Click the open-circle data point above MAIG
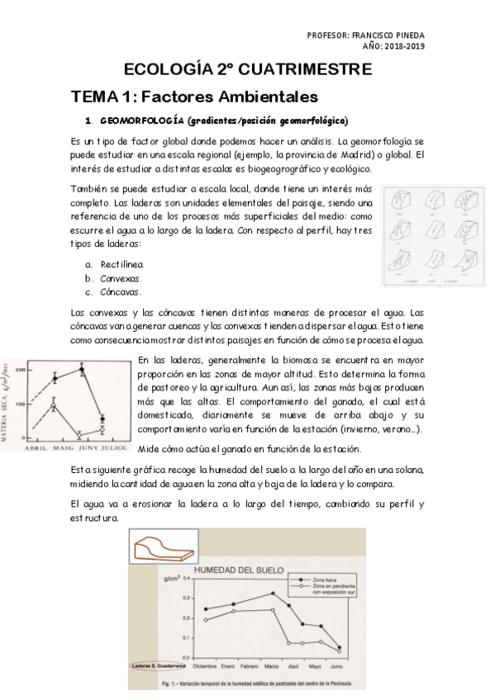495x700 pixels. [54, 405]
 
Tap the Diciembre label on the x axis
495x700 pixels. [205, 665]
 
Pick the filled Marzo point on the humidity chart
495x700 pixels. [273, 593]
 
